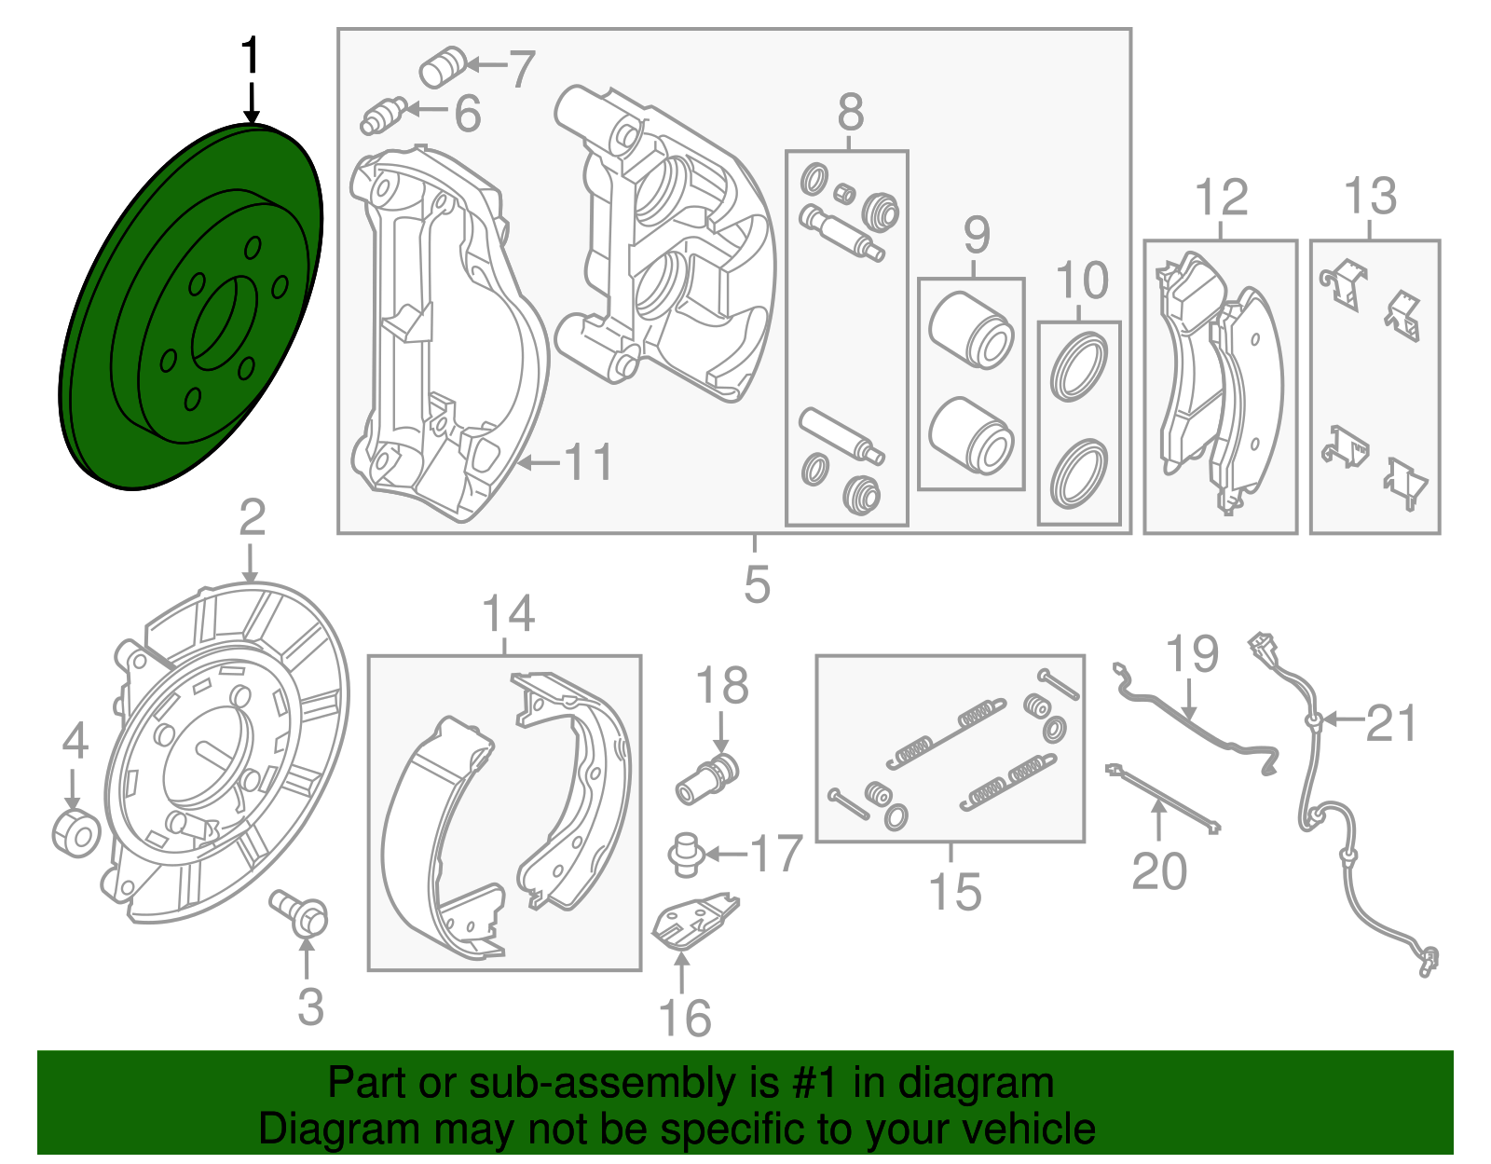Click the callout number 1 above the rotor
click(x=251, y=57)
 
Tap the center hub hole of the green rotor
click(x=225, y=322)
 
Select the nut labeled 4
click(x=75, y=833)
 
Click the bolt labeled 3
click(x=300, y=911)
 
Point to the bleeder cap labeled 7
click(x=442, y=66)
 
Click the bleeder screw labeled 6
click(x=382, y=116)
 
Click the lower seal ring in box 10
click(x=1079, y=475)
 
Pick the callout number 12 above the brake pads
click(x=1221, y=198)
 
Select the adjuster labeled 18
click(x=707, y=780)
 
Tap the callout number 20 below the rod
click(x=1159, y=871)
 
